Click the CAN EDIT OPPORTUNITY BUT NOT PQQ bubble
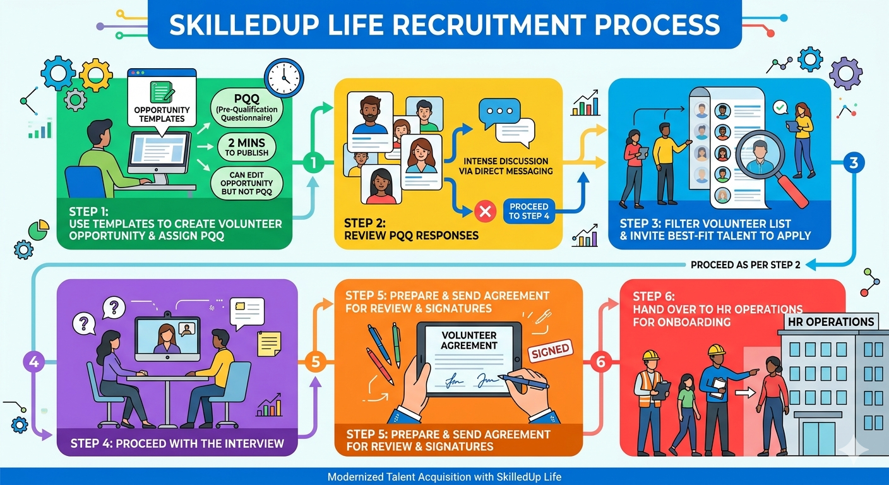(248, 183)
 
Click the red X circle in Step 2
(484, 213)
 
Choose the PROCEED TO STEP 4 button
(529, 212)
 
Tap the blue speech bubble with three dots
(498, 111)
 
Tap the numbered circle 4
(33, 362)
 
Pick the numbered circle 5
(314, 362)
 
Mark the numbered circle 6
(600, 362)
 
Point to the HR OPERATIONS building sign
(830, 321)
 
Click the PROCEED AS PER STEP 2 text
(745, 265)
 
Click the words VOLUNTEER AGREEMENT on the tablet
(469, 340)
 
